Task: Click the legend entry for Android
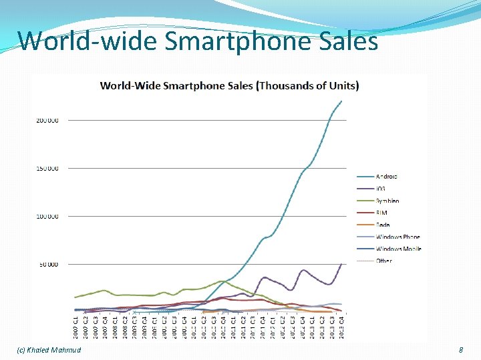386,177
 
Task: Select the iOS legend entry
381,189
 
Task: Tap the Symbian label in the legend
387,201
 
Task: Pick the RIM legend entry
382,213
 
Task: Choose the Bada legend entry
383,225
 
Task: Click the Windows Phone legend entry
397,237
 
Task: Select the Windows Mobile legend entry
398,249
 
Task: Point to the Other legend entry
384,261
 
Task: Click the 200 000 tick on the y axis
47,121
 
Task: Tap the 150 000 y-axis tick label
47,169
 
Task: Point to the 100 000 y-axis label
47,217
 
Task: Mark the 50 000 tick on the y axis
48,265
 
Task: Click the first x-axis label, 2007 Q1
75,327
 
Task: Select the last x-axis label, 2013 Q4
341,327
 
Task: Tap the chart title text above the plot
229,85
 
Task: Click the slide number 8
460,350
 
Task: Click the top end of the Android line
341,101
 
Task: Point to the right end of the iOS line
341,264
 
